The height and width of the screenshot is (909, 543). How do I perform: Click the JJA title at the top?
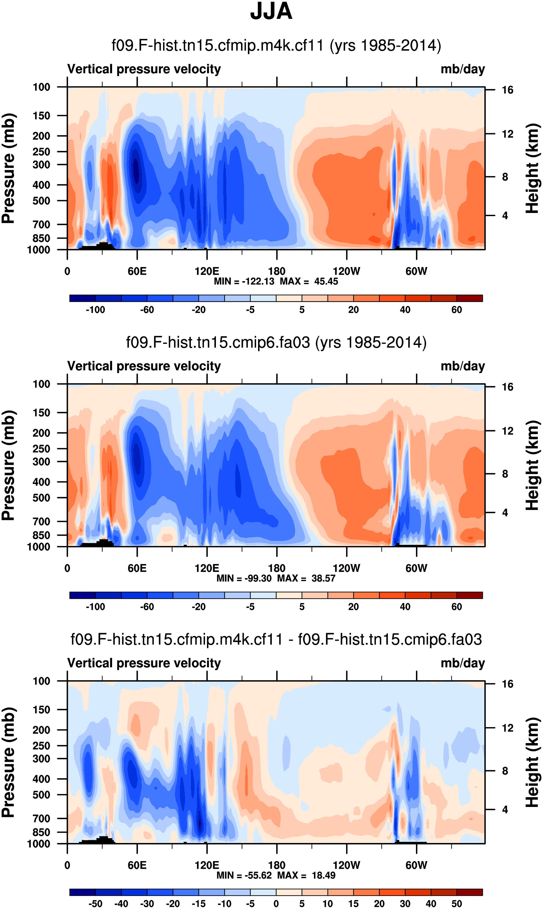271,11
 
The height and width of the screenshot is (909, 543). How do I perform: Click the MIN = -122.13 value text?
244,281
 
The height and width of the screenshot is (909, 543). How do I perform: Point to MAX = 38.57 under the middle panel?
306,578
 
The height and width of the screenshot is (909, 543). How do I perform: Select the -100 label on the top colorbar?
95,310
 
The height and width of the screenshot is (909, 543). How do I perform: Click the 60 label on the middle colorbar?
456,607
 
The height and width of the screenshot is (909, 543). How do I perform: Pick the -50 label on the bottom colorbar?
95,904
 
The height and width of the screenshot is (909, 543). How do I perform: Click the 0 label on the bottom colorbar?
276,904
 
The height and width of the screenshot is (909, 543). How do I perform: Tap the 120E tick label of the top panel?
207,271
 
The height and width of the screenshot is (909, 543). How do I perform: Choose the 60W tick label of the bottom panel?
416,865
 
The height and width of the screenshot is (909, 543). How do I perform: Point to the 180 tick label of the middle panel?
277,568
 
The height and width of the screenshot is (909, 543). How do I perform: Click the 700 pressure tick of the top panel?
41,224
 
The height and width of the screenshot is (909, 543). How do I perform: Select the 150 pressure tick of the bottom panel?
41,709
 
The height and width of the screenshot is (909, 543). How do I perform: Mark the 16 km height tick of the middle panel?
508,387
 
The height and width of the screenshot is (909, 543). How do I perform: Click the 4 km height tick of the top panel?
505,216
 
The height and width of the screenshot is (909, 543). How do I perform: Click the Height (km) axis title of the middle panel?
532,465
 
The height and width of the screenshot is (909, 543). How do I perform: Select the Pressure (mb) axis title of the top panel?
8,168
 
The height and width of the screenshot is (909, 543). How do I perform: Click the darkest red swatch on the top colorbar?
469,298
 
